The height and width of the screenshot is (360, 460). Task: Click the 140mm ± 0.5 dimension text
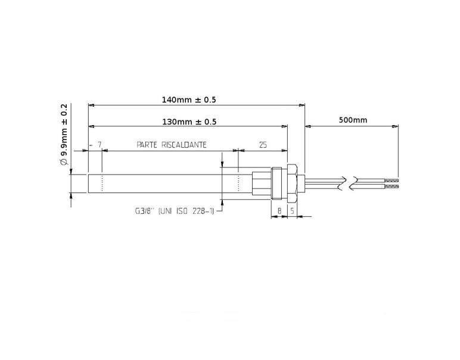click(x=189, y=100)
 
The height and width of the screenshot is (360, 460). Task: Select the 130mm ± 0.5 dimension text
click(x=189, y=122)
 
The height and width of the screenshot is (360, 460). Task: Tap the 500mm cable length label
click(x=353, y=120)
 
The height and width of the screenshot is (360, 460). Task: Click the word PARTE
click(x=147, y=145)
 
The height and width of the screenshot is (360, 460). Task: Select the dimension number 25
click(x=263, y=145)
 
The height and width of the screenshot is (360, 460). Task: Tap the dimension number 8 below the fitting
click(x=279, y=210)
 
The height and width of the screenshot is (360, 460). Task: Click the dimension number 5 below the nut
click(x=292, y=210)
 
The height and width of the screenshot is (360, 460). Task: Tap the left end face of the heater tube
click(x=88, y=182)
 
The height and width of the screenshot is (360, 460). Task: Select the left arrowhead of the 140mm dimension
click(x=91, y=105)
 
